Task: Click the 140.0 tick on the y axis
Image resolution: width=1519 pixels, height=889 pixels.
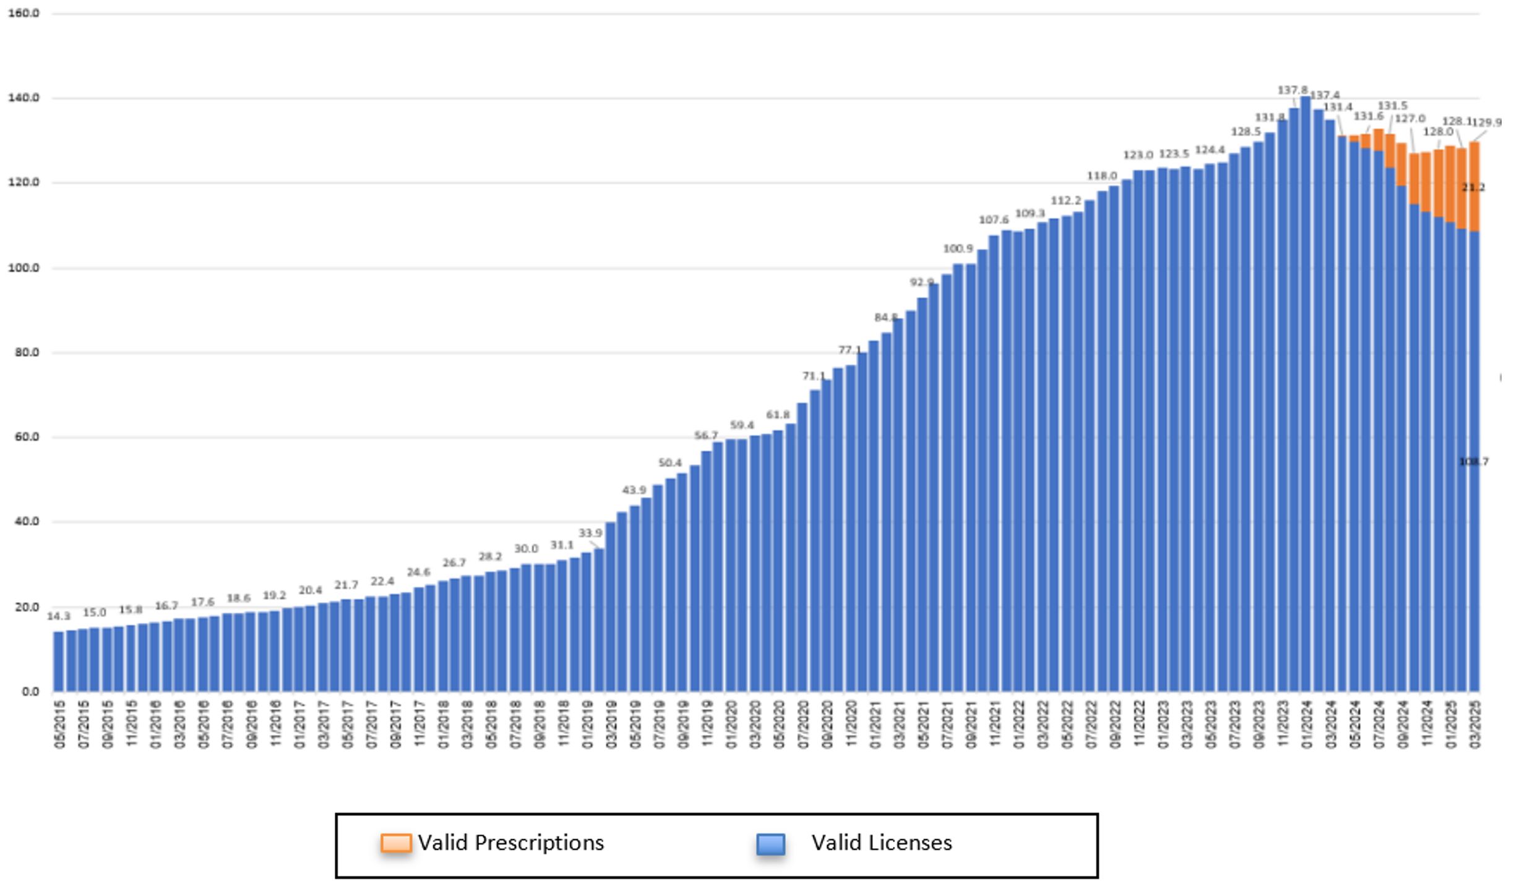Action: point(23,98)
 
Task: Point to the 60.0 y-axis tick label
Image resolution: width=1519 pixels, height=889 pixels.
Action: point(25,437)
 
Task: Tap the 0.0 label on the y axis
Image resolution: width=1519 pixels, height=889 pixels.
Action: point(30,692)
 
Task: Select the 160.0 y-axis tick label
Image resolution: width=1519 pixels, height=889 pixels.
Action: point(23,13)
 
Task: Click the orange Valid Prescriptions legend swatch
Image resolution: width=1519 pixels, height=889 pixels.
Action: point(396,843)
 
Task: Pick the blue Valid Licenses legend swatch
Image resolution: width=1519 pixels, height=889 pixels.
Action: point(771,844)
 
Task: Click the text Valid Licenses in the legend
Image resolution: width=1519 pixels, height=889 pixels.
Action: point(882,843)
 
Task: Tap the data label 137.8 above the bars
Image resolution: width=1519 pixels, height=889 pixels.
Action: point(1292,90)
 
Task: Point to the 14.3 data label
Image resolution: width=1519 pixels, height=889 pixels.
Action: point(59,616)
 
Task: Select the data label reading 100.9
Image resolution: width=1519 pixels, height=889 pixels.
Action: point(958,249)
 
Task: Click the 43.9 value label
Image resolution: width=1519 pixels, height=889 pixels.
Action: point(634,490)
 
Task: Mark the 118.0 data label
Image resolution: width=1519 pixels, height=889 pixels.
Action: point(1102,176)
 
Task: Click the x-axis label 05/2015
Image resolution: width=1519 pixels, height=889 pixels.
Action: point(60,724)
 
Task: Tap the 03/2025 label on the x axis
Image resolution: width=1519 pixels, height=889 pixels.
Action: point(1475,724)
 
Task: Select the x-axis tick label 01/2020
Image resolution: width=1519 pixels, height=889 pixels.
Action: point(731,724)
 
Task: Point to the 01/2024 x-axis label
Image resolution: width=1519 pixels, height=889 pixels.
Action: point(1307,724)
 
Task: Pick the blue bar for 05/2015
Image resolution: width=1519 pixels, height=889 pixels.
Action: point(59,661)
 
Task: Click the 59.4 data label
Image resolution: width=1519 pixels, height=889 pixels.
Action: point(742,425)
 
